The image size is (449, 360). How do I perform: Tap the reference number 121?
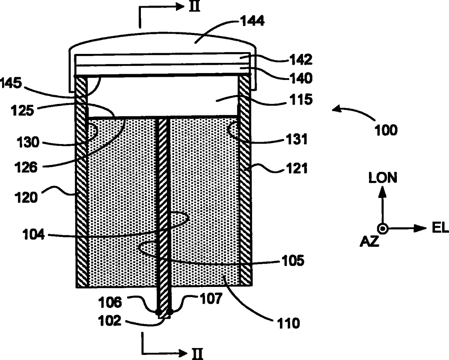point(297,168)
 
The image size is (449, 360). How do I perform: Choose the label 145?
point(11,83)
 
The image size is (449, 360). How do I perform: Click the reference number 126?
point(26,167)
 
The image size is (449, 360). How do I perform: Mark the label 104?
point(34,234)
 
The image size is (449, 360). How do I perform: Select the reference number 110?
point(289,323)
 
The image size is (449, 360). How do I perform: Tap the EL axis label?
point(440,228)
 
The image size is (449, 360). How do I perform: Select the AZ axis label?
point(369,241)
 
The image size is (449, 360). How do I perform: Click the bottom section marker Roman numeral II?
point(198,353)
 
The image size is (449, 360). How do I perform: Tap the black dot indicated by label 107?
point(169,311)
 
